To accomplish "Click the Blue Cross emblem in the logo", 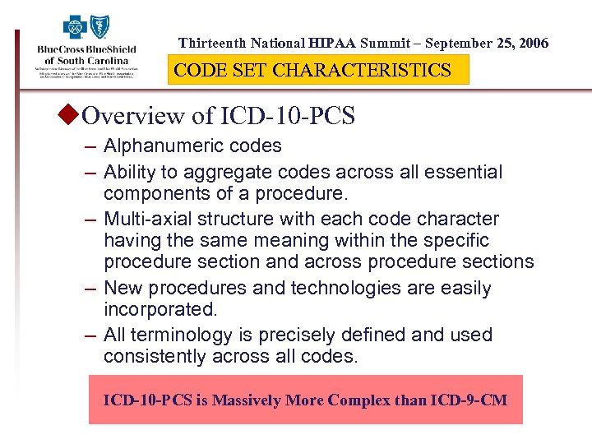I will click(76, 26).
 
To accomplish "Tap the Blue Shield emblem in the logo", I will click(100, 26).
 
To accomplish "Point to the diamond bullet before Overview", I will click(72, 115).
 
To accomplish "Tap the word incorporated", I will click(160, 309).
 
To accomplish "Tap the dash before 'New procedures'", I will click(90, 289).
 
